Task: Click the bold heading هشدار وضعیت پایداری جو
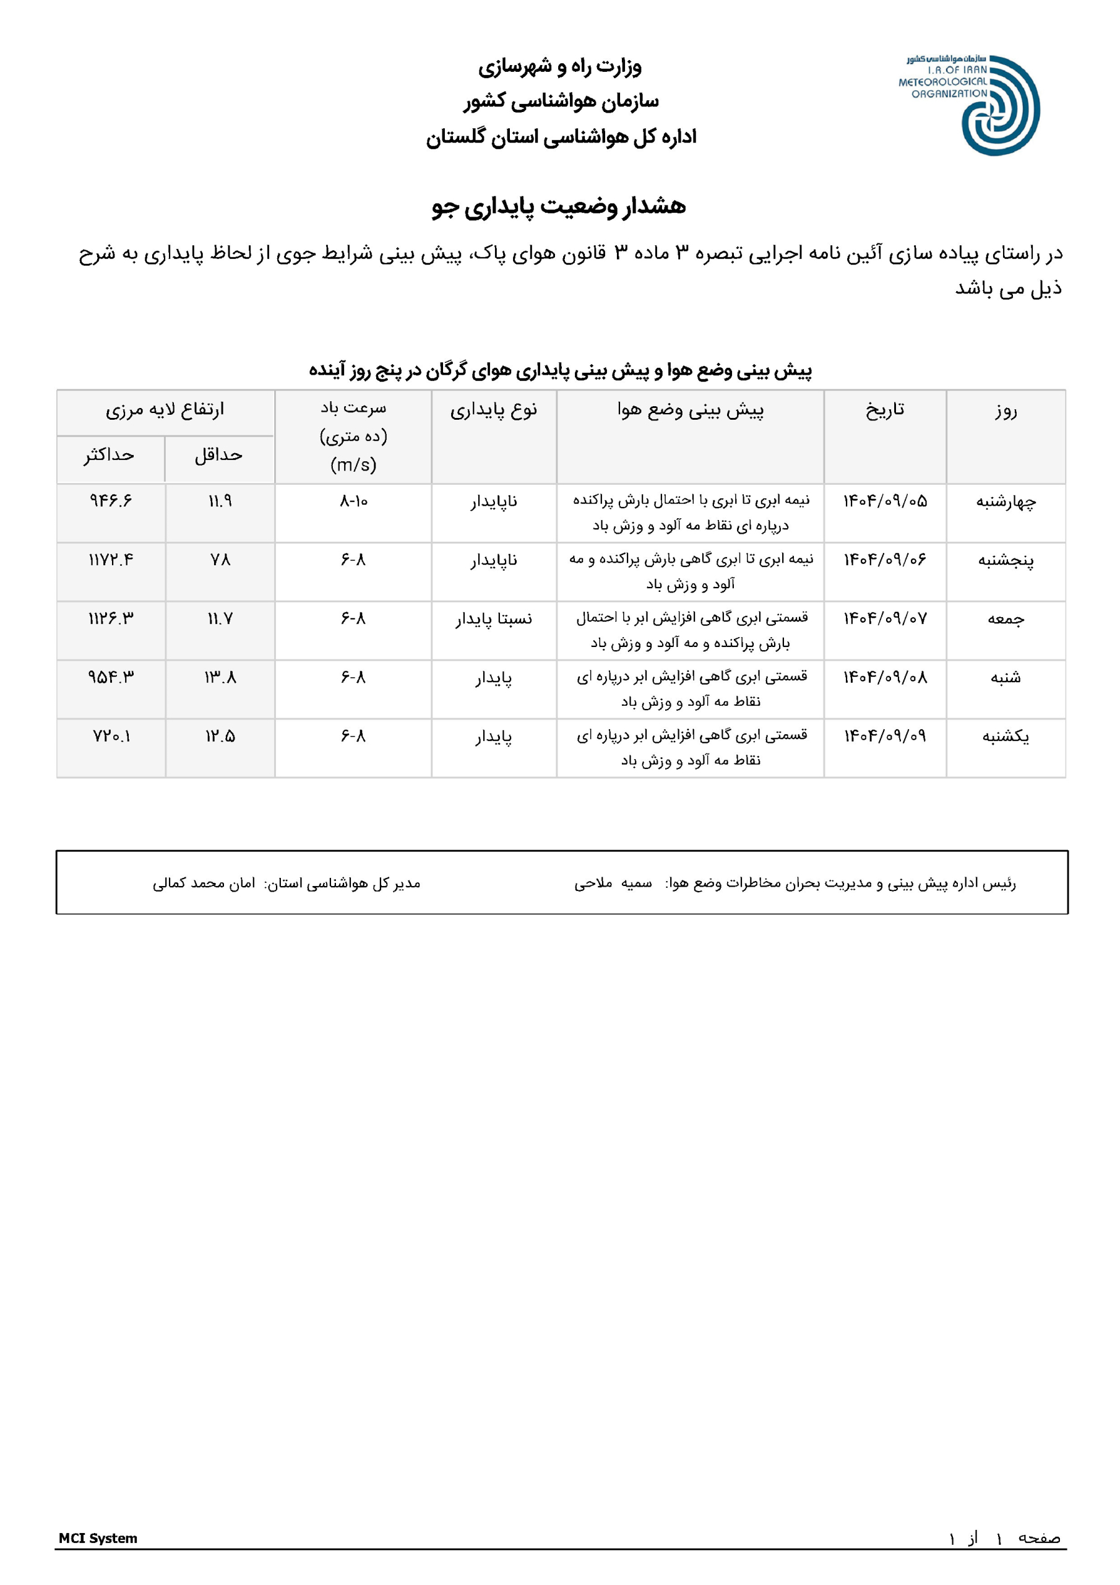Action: coord(559,206)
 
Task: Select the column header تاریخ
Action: coord(885,410)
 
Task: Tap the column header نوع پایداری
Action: coord(493,410)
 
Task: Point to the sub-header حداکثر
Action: coord(109,455)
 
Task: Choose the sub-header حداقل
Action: coord(219,455)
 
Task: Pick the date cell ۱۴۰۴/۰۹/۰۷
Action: coord(885,619)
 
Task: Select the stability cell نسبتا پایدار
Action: coord(493,619)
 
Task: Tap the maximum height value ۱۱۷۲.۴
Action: coord(110,560)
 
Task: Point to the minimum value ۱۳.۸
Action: coord(220,678)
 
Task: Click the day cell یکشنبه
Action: coord(1006,737)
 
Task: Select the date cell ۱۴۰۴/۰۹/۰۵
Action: coord(885,501)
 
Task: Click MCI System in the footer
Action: coord(98,1538)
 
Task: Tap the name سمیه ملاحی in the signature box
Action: coord(613,883)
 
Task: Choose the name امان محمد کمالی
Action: coord(204,883)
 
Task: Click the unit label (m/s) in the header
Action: coord(353,464)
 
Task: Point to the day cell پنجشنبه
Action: coord(1006,560)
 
